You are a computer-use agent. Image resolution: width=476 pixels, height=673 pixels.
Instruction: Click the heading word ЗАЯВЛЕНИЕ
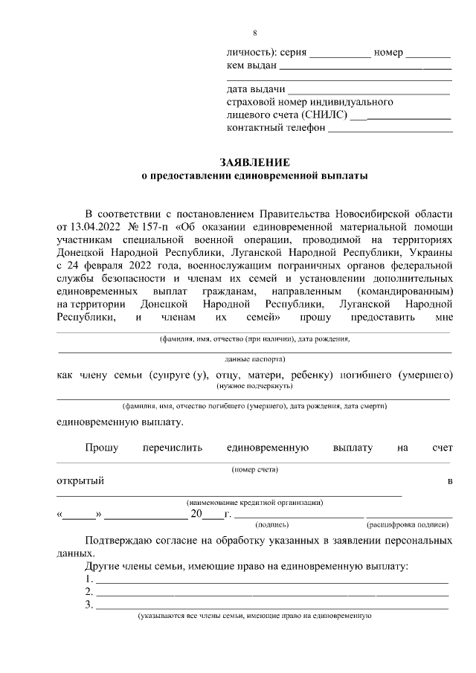coord(254,162)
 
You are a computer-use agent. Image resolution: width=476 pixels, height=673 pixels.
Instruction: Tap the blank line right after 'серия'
coord(339,54)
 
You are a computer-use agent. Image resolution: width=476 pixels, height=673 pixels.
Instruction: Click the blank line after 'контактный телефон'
coord(390,128)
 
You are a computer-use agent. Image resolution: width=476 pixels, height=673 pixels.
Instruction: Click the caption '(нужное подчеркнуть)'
coord(254,386)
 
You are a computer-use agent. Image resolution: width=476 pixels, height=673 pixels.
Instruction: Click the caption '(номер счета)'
coord(254,469)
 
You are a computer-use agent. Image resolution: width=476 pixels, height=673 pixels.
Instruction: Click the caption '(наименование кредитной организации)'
coord(254,503)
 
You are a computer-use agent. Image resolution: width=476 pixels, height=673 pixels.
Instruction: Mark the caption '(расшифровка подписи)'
coord(409,524)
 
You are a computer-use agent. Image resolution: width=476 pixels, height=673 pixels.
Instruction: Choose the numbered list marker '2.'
coord(89,592)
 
